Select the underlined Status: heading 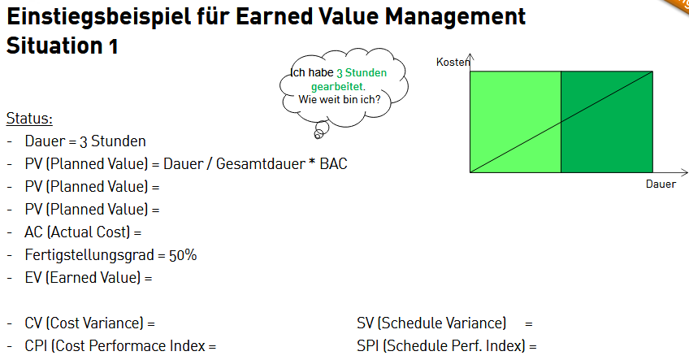coord(29,119)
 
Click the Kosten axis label coord(453,62)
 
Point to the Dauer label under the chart coord(661,184)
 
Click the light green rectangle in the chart coord(515,122)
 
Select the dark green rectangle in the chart coord(607,122)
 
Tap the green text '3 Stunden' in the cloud coord(362,72)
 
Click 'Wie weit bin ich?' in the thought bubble coord(340,100)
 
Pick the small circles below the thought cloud coord(321,130)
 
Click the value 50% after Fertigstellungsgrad coord(183,255)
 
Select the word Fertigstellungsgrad coord(89,255)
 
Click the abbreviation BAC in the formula coord(333,163)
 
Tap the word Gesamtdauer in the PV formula coord(261,163)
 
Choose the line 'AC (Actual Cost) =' coord(83,232)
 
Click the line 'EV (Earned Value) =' coord(89,278)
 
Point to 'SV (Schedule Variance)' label coord(431,323)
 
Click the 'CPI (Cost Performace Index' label coord(115,346)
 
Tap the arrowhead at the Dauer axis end coord(684,172)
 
